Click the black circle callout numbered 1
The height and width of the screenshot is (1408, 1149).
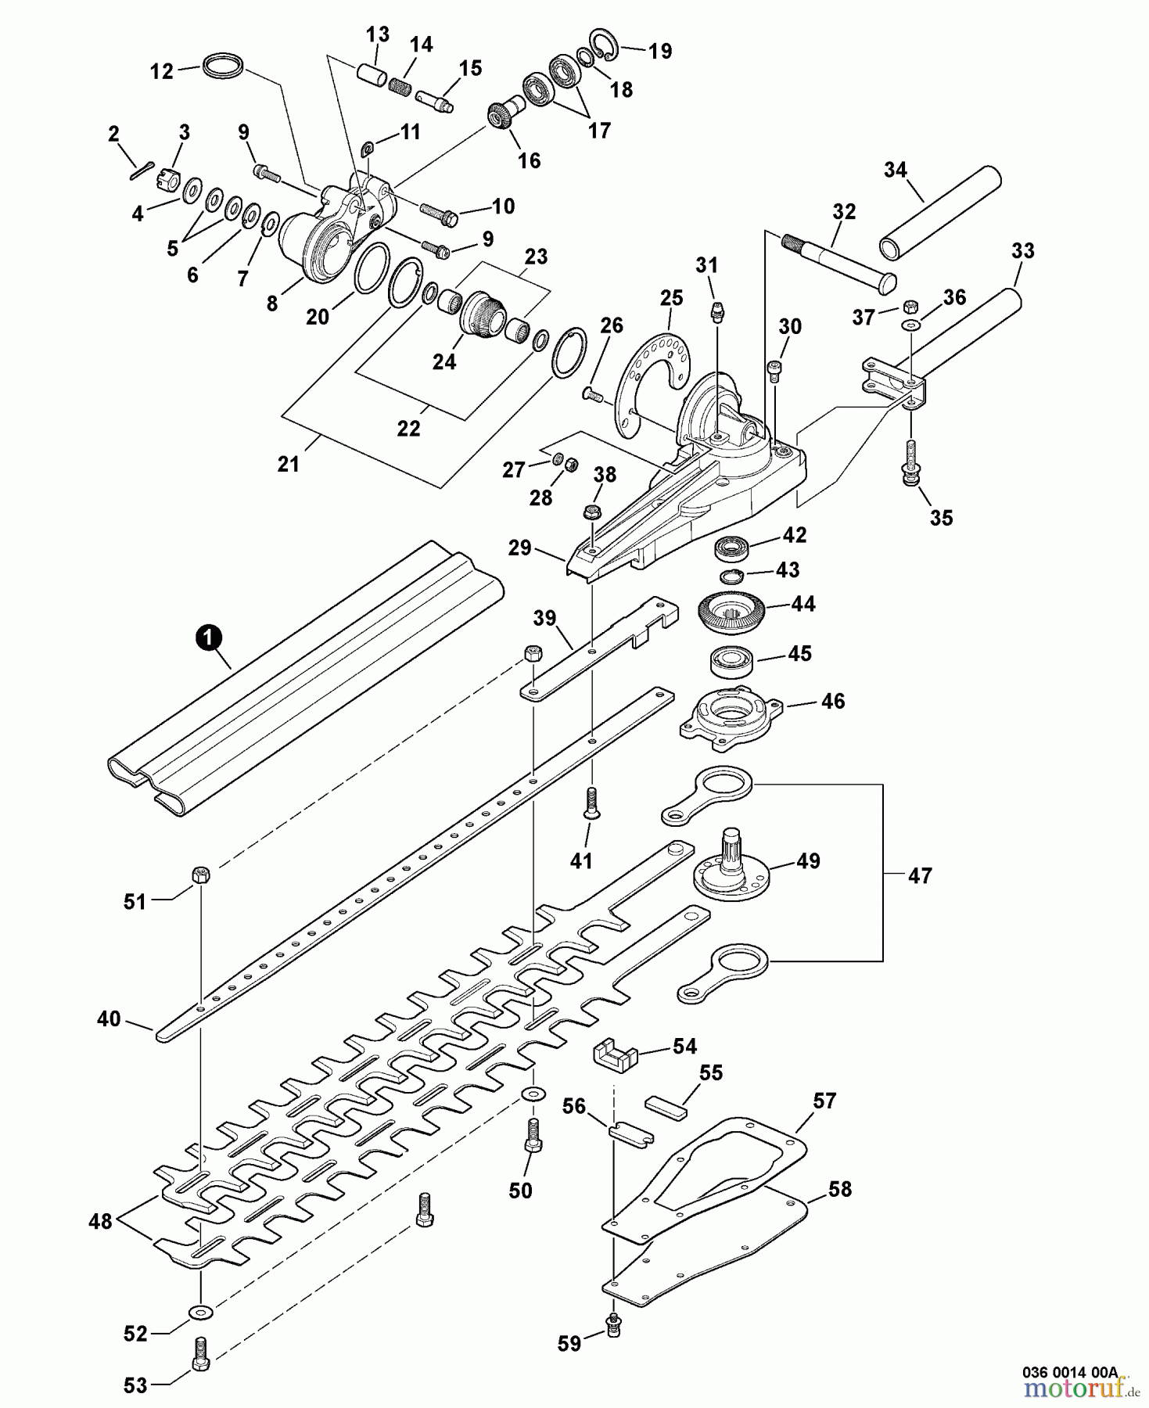click(x=206, y=639)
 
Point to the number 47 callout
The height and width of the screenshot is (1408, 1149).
click(x=919, y=875)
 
